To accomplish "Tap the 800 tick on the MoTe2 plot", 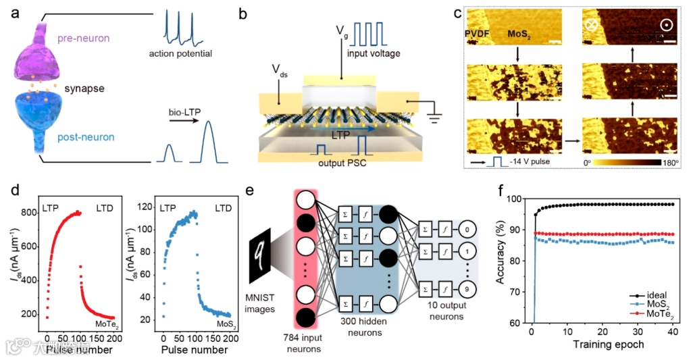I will (28, 213).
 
